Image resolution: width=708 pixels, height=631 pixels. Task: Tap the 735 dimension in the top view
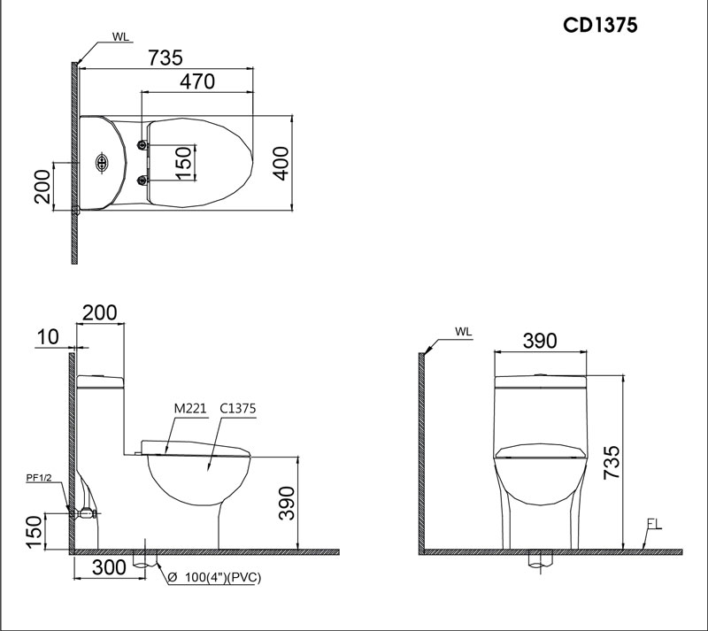point(165,58)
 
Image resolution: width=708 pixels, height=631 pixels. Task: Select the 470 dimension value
point(197,81)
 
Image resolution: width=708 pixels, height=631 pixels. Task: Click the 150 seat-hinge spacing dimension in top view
point(184,164)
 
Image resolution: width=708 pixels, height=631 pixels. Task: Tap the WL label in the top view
point(121,37)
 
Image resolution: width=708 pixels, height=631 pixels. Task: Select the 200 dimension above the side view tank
point(99,312)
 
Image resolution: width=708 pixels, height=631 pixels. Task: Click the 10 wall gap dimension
point(48,337)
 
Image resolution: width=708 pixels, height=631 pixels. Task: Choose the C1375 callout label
point(236,408)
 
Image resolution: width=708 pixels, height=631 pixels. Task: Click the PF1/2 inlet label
point(38,478)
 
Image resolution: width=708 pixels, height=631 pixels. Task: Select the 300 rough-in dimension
point(109,569)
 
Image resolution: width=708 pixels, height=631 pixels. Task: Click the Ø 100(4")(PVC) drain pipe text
point(216,578)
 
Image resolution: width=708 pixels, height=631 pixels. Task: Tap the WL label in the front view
point(464,332)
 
